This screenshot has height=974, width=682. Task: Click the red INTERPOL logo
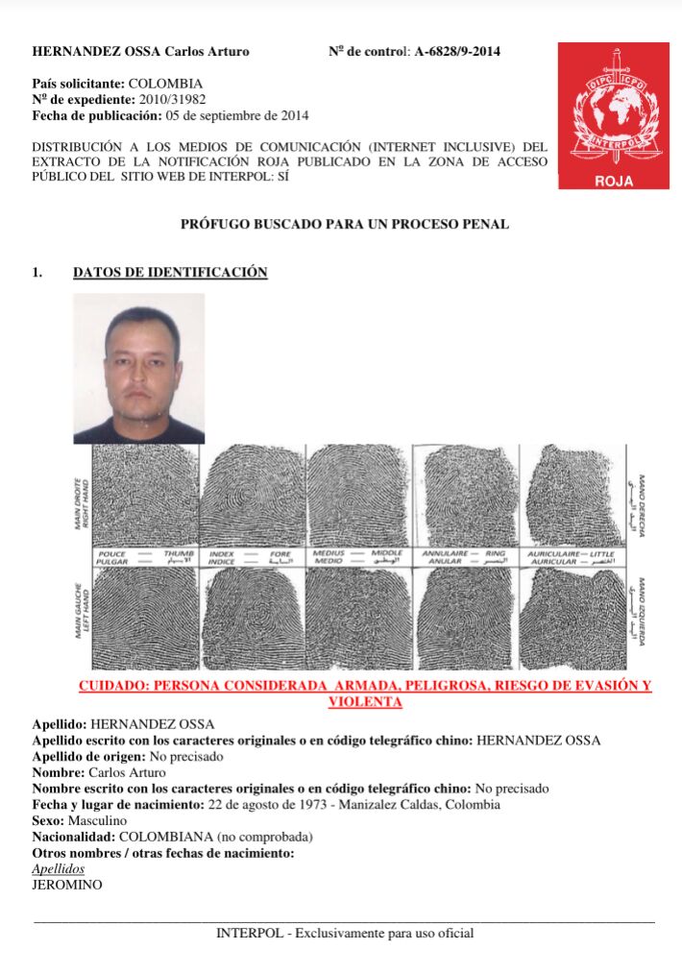pos(614,115)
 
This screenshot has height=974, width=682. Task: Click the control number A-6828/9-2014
pos(457,52)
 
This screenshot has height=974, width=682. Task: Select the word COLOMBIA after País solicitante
pos(172,84)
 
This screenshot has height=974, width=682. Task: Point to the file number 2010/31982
pos(173,99)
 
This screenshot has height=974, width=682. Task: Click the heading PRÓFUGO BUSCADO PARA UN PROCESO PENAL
pos(345,225)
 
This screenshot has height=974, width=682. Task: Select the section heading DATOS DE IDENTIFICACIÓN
pos(170,273)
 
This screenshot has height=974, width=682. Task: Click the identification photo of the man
pos(139,368)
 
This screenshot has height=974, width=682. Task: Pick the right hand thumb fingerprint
pos(143,496)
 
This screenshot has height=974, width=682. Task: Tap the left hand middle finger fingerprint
pos(357,619)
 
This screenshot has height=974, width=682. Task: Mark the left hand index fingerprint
pos(251,619)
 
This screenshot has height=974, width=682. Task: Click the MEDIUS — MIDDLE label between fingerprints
pos(357,557)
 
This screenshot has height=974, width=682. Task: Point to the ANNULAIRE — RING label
pos(465,557)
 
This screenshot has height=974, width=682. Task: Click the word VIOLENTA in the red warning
pos(364,702)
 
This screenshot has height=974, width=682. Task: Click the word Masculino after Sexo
pos(98,820)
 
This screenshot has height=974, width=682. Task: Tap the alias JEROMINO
pos(67,885)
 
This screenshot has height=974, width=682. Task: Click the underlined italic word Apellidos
pos(59,868)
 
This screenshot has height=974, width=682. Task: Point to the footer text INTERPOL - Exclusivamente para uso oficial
pos(345,933)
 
